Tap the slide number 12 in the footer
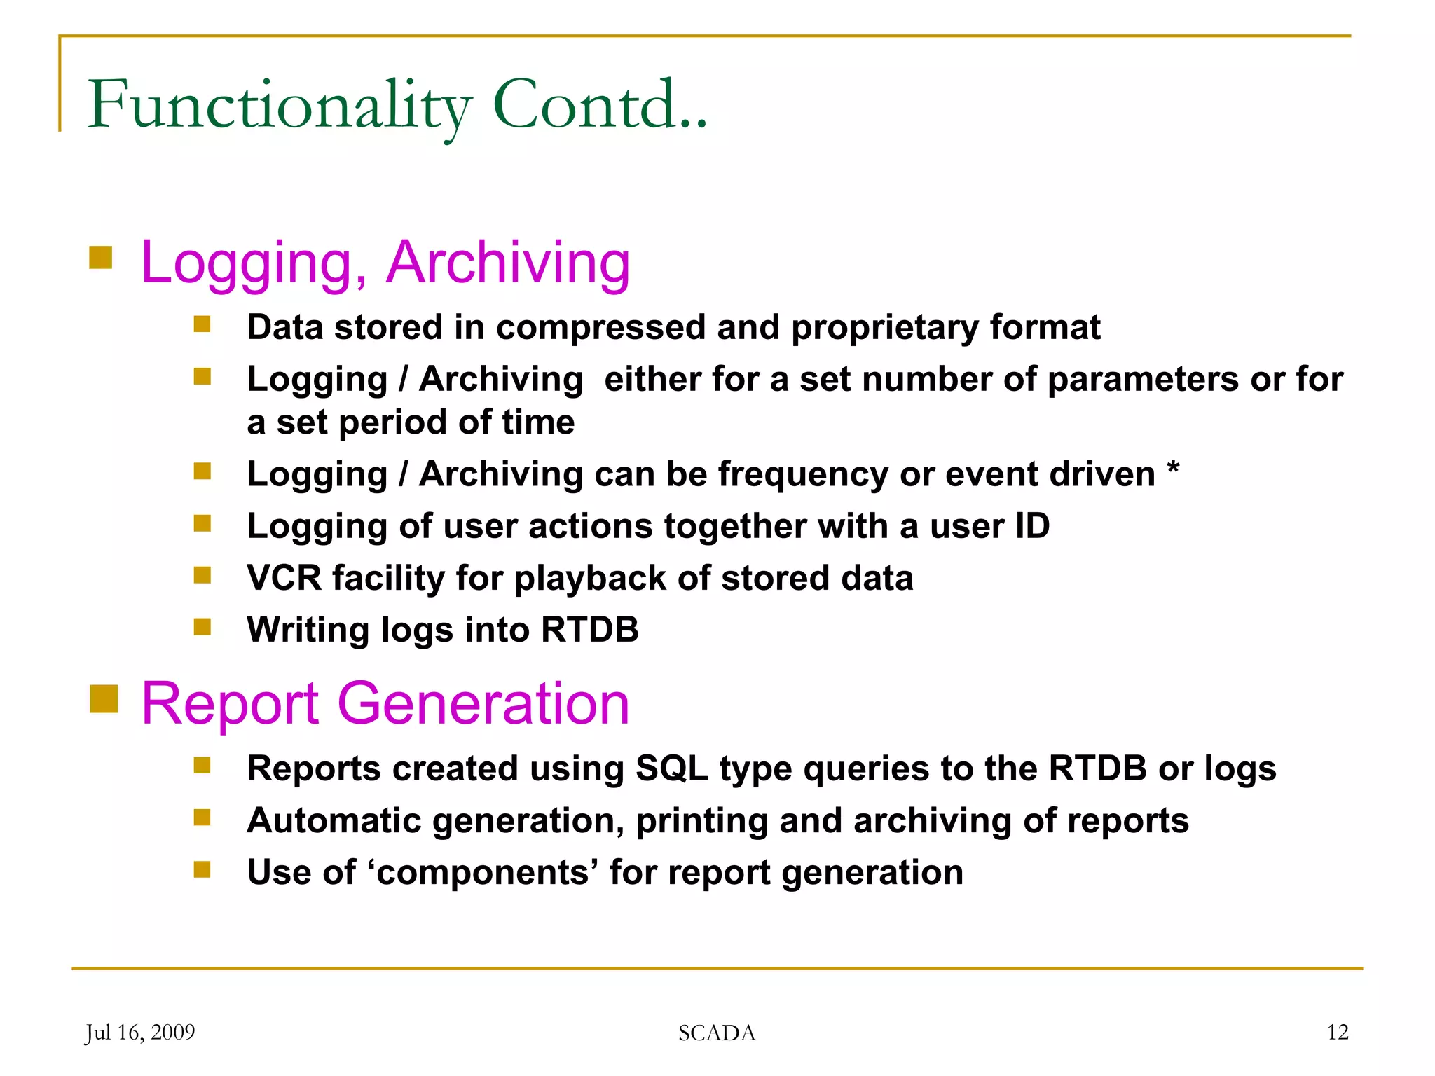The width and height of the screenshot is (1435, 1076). click(1337, 1032)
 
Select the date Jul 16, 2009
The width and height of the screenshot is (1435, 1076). click(140, 1033)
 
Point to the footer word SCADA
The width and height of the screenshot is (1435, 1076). click(717, 1033)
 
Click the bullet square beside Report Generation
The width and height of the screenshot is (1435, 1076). click(104, 698)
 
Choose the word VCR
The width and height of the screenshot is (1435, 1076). click(284, 578)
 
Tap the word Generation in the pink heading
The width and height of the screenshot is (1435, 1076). click(483, 703)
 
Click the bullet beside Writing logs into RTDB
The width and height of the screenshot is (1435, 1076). click(202, 626)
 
